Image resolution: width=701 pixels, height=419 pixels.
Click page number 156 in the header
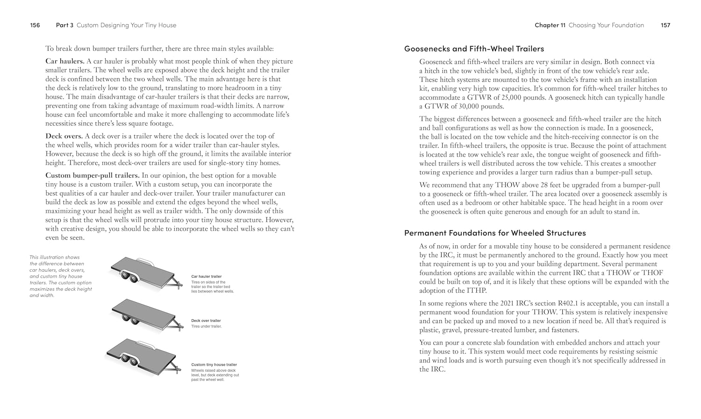pyautogui.click(x=35, y=25)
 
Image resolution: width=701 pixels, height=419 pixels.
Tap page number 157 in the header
pyautogui.click(x=665, y=25)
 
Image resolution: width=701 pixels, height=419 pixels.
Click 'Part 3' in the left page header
pyautogui.click(x=64, y=25)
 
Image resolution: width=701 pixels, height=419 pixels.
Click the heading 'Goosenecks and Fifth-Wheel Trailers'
pyautogui.click(x=474, y=49)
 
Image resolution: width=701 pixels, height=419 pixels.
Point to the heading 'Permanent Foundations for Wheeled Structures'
pyautogui.click(x=495, y=233)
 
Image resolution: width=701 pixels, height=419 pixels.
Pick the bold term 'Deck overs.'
pyautogui.click(x=64, y=136)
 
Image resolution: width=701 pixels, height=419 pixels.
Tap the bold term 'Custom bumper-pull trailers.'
pyautogui.click(x=93, y=175)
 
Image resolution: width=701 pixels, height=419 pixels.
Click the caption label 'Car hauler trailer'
pyautogui.click(x=206, y=276)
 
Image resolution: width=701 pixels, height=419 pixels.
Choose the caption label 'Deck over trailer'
pyautogui.click(x=206, y=321)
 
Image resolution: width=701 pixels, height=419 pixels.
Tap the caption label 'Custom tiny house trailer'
pyautogui.click(x=214, y=365)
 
